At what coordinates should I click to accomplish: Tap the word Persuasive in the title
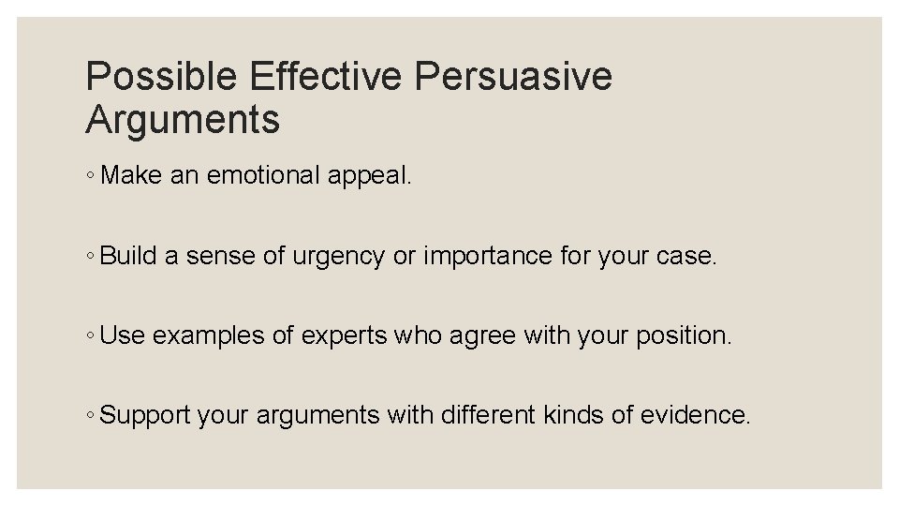pos(513,77)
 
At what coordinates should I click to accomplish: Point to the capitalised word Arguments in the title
pos(183,120)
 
